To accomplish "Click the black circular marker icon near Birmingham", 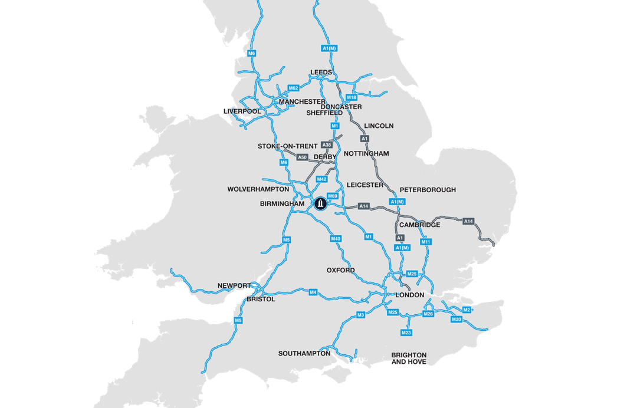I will click(320, 203).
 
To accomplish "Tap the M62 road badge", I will click(293, 88).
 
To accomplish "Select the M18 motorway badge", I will click(352, 97).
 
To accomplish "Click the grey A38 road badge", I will click(327, 145).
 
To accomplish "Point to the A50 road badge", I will click(302, 157).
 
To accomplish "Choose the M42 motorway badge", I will click(321, 179).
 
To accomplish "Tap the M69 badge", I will click(332, 196).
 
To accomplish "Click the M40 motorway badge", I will click(336, 239).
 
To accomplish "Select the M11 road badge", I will click(426, 242).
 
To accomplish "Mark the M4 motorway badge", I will click(313, 292).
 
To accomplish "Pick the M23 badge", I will click(406, 333).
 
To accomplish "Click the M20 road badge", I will click(456, 320).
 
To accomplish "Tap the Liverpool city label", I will click(242, 111).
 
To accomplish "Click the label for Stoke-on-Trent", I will click(287, 146).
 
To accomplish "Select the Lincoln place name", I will click(379, 126).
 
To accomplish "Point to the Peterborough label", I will click(428, 190).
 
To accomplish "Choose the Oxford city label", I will click(341, 270).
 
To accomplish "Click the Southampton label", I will click(304, 354).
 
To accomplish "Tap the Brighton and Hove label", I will click(409, 358).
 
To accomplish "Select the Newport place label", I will click(234, 285).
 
